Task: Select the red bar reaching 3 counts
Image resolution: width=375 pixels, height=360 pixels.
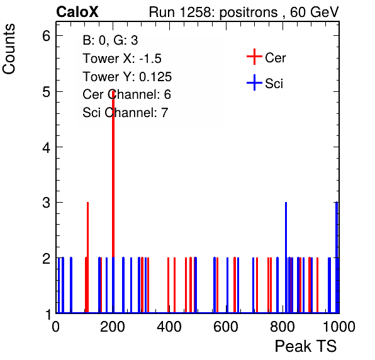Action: pos(87,257)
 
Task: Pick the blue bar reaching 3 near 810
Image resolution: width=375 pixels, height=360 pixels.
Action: pos(286,257)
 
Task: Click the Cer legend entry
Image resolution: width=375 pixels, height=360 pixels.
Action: pos(266,57)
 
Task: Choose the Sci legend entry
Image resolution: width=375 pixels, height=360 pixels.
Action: pos(265,83)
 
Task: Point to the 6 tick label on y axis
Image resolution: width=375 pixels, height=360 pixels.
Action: pos(46,36)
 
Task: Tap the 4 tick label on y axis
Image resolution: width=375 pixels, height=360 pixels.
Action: pos(46,147)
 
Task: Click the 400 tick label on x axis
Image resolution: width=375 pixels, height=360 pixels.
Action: pos(169,327)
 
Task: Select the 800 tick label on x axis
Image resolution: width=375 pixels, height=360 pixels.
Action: pos(283,327)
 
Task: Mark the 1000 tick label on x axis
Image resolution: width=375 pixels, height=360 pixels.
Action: pos(339,327)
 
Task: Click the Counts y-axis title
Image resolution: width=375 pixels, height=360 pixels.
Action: pos(9,49)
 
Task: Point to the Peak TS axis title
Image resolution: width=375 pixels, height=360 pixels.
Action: pos(306,346)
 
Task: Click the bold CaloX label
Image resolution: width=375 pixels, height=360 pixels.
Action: pos(77,12)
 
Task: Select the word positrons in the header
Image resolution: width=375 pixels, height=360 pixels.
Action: pos(249,13)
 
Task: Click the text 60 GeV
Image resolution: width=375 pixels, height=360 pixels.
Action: pos(314,12)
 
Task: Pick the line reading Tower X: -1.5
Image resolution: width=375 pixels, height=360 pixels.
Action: pos(122,59)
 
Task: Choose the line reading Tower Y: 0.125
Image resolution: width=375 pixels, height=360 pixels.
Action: pos(127,77)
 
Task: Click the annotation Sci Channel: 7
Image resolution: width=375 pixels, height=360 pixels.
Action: pos(125,113)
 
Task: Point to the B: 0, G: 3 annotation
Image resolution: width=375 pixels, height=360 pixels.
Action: pos(110,40)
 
